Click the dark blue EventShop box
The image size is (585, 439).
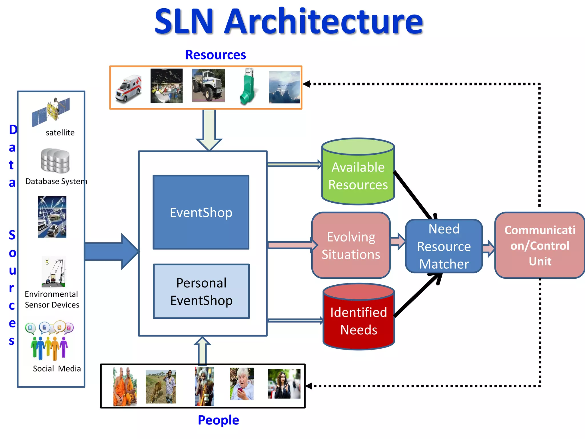coord(201,212)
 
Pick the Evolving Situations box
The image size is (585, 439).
coord(351,246)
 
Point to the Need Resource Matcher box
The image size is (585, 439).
coord(444,246)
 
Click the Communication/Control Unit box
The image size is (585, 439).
coord(539,246)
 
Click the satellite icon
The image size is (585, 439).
coord(51,112)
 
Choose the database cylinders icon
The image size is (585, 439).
coord(55,161)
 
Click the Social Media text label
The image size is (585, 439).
coord(57,369)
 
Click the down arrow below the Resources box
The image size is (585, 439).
coord(209,130)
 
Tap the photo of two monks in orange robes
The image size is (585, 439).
coord(125,386)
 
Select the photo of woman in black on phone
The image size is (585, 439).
coord(284,384)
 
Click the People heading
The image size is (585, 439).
coord(218,420)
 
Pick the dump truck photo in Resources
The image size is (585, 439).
coord(208,85)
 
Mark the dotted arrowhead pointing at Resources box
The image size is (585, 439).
coord(306,84)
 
